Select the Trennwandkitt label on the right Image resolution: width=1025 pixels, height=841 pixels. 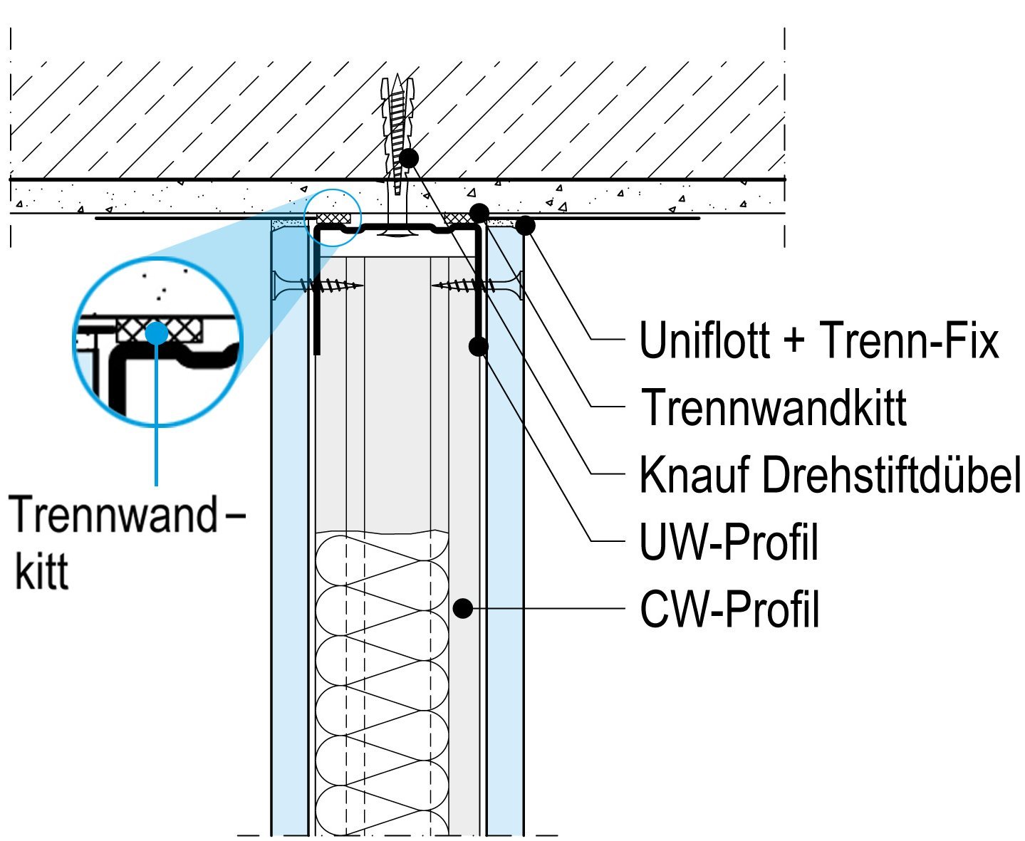[774, 407]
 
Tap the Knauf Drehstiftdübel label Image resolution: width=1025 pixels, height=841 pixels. [830, 474]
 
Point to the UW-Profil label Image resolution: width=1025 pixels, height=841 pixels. [729, 543]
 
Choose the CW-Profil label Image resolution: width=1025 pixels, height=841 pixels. [729, 610]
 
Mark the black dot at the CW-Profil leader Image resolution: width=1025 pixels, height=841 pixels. [463, 608]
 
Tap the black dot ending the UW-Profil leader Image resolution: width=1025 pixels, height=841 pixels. [479, 346]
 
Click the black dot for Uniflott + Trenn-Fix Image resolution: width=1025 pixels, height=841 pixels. [525, 226]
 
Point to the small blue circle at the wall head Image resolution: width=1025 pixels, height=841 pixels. [333, 217]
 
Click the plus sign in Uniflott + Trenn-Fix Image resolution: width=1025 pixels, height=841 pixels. [794, 342]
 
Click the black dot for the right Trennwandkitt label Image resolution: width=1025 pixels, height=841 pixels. [479, 212]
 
